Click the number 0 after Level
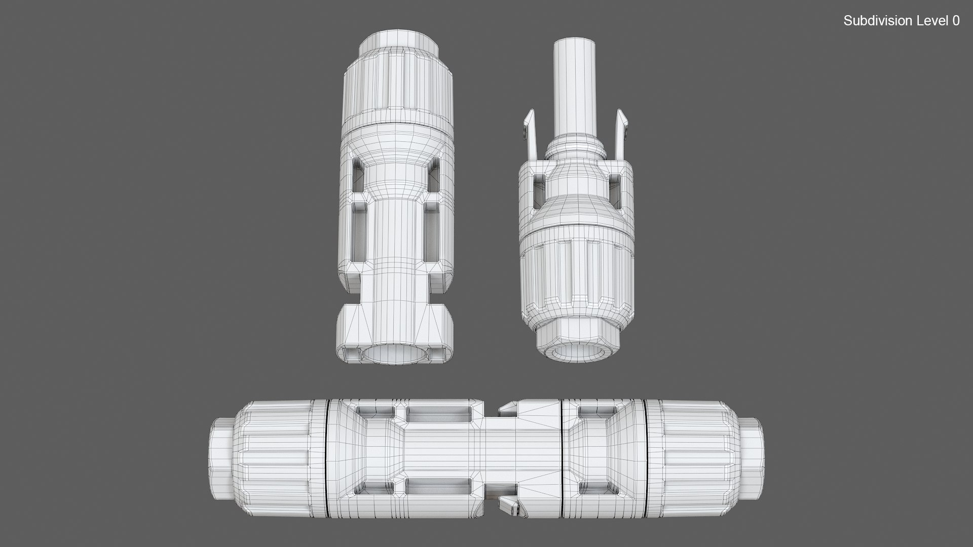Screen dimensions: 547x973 (x=955, y=21)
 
